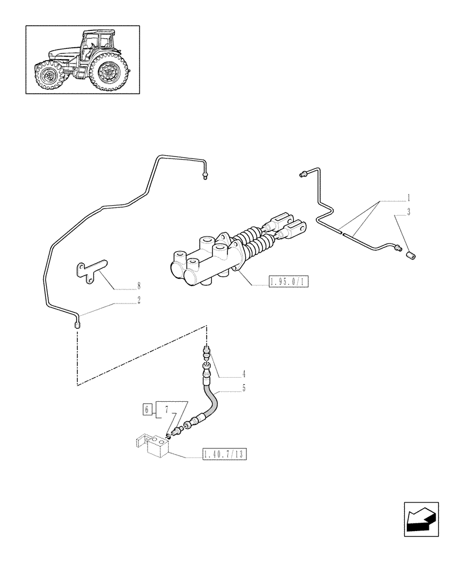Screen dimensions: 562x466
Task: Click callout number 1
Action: click(x=408, y=198)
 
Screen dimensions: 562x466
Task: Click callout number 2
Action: click(x=138, y=301)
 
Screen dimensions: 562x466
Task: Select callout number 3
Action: click(x=409, y=212)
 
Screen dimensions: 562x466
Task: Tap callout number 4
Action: click(x=244, y=373)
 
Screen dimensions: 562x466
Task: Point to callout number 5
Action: click(x=244, y=388)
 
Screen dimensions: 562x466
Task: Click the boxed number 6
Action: click(x=147, y=409)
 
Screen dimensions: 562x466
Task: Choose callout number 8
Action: click(x=138, y=286)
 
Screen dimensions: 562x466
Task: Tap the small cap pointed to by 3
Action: click(x=411, y=256)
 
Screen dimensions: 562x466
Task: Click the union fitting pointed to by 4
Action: click(x=207, y=355)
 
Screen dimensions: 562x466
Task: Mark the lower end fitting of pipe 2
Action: click(x=78, y=323)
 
